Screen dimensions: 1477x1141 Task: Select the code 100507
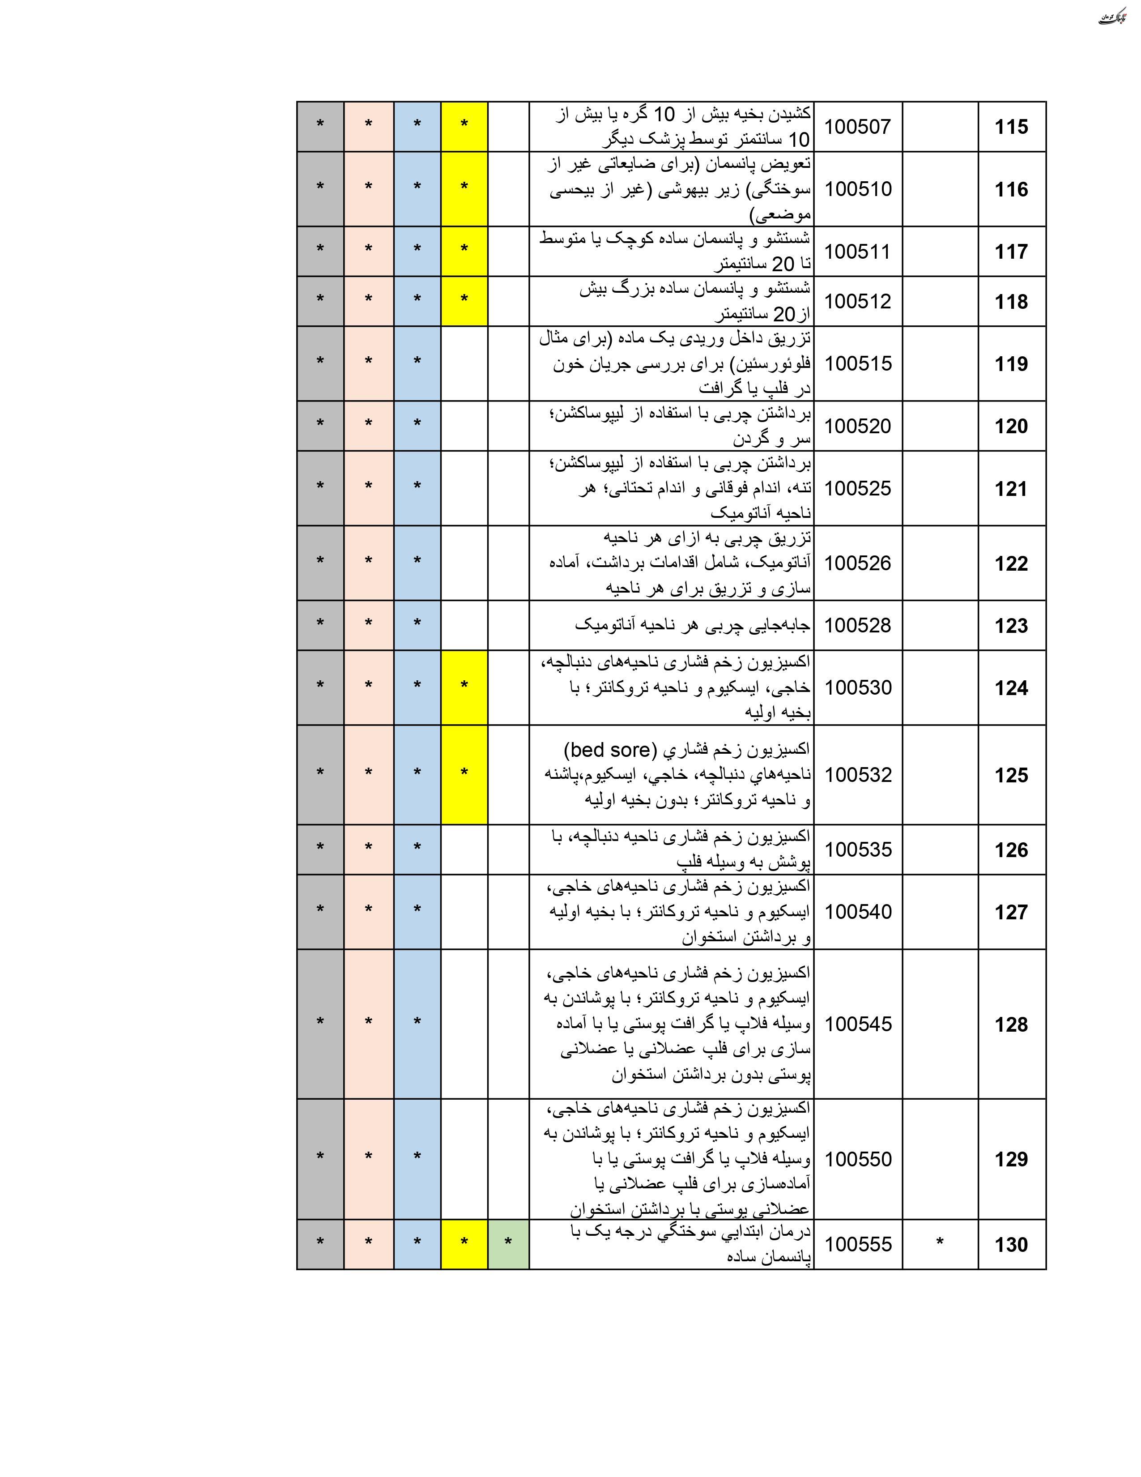point(857,127)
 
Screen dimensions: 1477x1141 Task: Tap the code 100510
point(857,189)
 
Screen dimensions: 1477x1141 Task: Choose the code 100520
point(857,426)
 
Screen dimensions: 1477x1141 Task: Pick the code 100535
point(857,849)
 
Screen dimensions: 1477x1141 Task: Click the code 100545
point(857,1024)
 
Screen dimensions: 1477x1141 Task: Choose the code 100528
point(857,626)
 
